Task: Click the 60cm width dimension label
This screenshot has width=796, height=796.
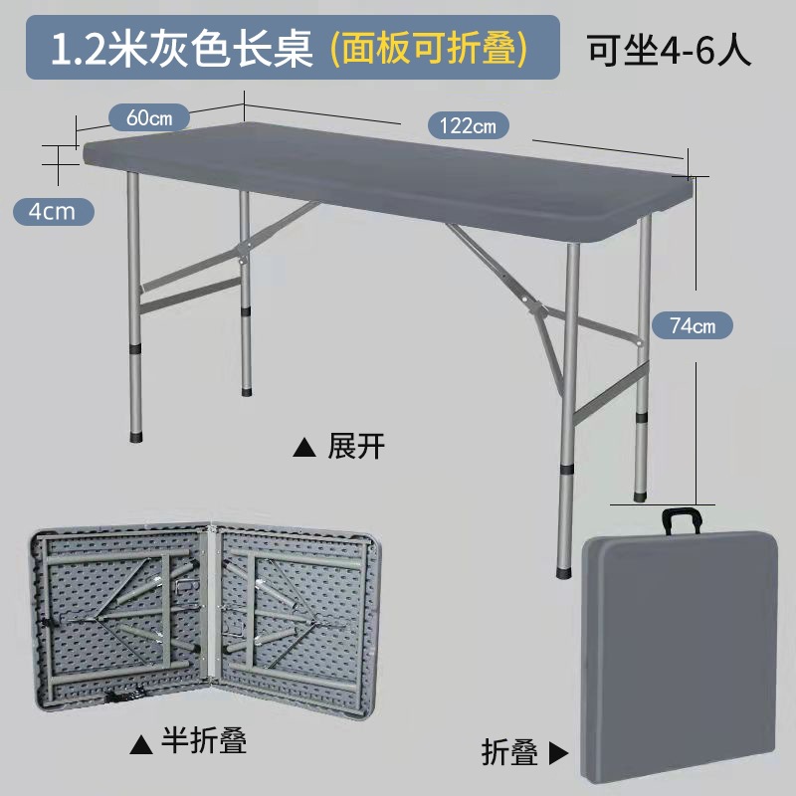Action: point(149,114)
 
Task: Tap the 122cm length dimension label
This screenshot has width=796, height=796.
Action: point(468,125)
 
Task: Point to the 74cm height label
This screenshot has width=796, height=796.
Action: point(692,324)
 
